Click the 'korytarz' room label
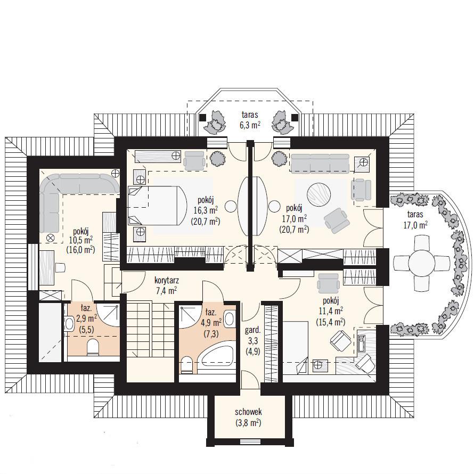click(x=167, y=280)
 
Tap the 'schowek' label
click(x=248, y=412)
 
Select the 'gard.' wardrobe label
click(x=253, y=330)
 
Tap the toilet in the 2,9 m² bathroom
click(x=93, y=347)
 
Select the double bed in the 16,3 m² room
click(x=156, y=205)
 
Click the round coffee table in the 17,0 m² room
click(x=318, y=194)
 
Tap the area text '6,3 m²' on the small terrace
click(x=250, y=125)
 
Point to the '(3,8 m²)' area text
click(x=248, y=423)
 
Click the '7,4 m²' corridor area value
click(x=166, y=291)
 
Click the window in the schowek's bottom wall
click(x=250, y=442)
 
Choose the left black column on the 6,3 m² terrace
click(x=202, y=117)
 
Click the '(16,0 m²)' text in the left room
click(x=80, y=249)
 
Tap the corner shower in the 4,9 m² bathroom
click(x=190, y=317)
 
